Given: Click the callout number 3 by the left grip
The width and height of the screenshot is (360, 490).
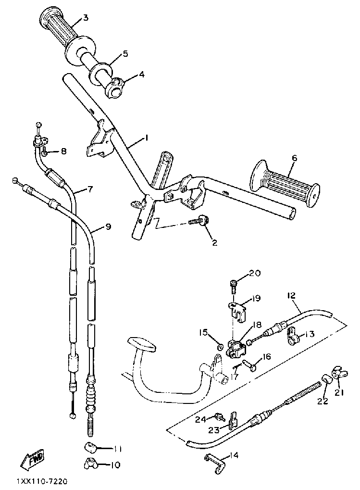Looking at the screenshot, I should click(x=86, y=18).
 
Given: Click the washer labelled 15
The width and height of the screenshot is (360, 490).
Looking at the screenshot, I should click(x=219, y=345).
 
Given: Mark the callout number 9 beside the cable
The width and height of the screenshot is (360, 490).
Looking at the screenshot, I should click(x=108, y=226).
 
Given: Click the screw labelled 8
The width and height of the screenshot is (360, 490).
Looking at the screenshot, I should click(x=44, y=152).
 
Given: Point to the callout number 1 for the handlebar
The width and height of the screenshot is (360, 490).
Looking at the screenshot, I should click(x=146, y=138).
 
